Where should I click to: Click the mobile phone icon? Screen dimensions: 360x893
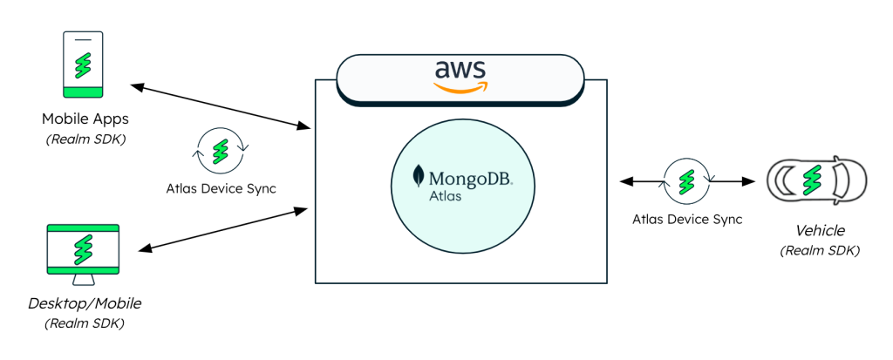coord(83,65)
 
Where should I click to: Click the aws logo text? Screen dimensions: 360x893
coord(460,69)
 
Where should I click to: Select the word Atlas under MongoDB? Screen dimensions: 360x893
coord(446,196)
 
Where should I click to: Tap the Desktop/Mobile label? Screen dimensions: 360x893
coord(84,303)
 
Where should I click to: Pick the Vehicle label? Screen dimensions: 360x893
coord(820,231)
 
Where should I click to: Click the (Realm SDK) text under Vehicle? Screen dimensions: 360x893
coord(820,250)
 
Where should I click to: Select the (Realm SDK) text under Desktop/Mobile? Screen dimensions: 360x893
coord(84,323)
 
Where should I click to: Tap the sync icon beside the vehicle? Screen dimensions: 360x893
coord(687,180)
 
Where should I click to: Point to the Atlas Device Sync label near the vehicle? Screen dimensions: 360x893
coord(687,219)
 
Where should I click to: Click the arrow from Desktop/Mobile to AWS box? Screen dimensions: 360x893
coord(222,229)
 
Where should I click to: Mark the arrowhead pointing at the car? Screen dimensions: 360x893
coord(747,182)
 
